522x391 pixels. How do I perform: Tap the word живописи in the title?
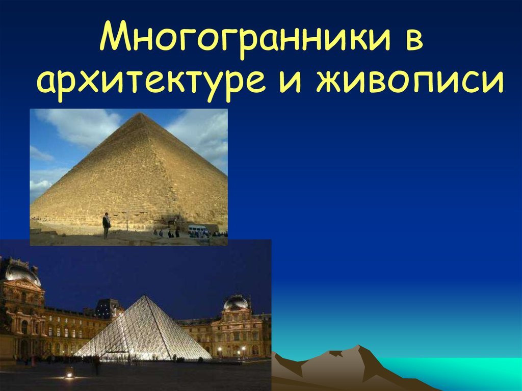click(x=410, y=81)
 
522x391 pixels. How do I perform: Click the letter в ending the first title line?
click(x=414, y=40)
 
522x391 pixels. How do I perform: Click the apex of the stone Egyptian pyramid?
click(x=141, y=114)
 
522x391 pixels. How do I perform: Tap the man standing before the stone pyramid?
click(x=106, y=225)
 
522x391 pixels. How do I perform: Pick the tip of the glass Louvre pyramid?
click(x=145, y=295)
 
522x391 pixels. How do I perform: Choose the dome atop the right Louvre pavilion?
click(x=236, y=302)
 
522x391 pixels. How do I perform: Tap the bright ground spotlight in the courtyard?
click(x=69, y=375)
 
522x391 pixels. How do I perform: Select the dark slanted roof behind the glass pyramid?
click(x=106, y=308)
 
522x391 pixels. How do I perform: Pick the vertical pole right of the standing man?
click(x=127, y=221)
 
